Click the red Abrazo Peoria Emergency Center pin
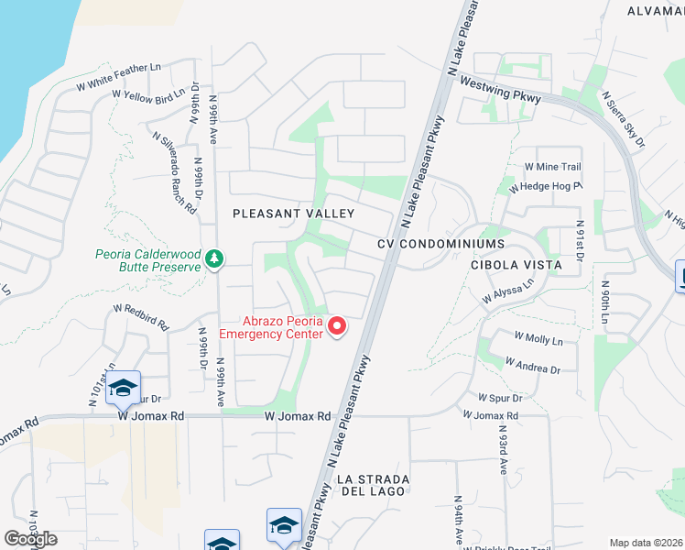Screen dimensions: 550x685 coord(336,326)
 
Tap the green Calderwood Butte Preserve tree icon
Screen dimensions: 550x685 coord(214,258)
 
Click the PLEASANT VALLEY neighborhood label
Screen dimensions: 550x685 coord(293,214)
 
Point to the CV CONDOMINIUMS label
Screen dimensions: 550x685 coord(440,244)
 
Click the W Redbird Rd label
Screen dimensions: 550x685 coord(141,317)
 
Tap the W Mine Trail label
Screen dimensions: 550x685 coord(552,167)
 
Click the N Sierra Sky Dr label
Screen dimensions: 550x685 coord(623,119)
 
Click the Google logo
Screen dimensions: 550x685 coord(30,539)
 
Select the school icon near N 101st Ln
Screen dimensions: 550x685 coord(122,389)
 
